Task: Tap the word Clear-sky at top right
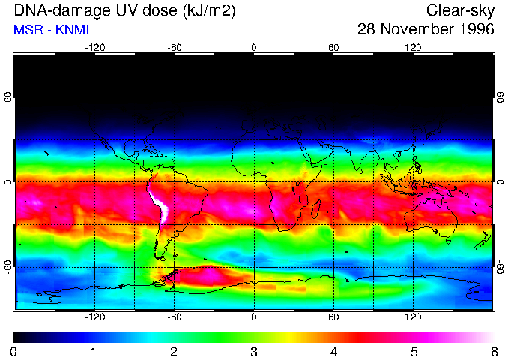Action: click(460, 11)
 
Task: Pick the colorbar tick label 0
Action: click(13, 351)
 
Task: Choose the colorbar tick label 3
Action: click(253, 351)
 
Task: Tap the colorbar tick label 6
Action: click(494, 351)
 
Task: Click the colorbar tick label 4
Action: click(333, 351)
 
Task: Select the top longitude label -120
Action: click(94, 48)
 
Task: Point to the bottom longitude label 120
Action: click(413, 317)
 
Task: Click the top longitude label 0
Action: click(254, 48)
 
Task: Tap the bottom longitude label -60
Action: click(174, 317)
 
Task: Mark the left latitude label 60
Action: click(7, 97)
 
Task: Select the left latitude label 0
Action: click(7, 182)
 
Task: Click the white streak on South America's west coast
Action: click(160, 205)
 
